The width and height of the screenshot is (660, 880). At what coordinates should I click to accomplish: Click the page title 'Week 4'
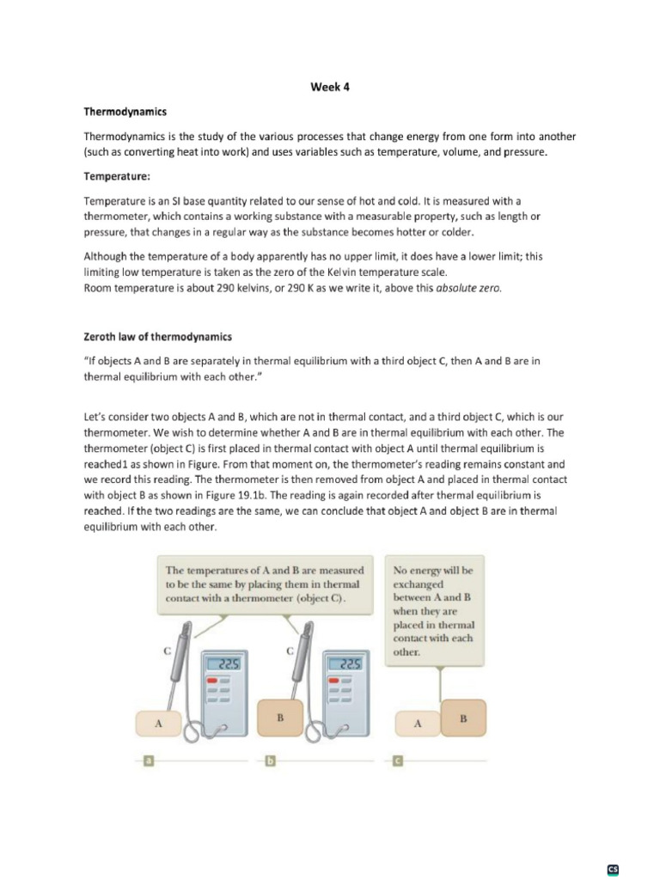330,87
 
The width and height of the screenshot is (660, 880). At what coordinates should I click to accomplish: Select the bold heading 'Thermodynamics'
125,112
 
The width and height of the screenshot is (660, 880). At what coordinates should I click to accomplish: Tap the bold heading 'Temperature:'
116,175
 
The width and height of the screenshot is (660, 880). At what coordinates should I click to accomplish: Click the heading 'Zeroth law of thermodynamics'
157,336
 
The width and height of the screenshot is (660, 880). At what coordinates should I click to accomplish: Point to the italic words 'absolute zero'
469,289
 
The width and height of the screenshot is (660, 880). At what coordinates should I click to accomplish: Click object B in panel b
279,716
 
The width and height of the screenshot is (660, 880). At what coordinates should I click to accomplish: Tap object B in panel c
463,718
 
